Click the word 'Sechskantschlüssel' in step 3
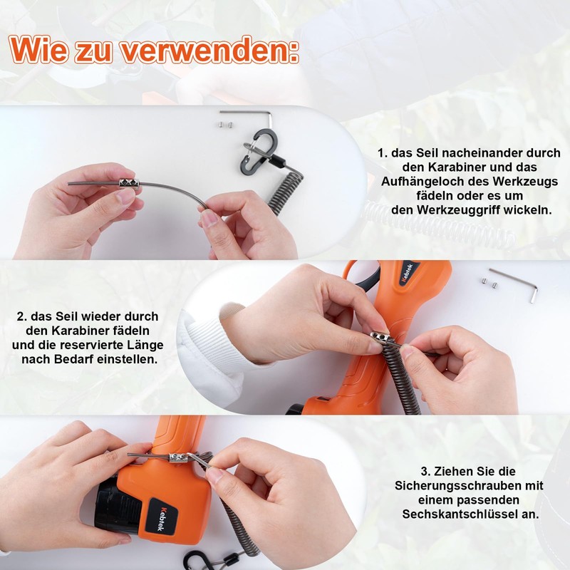point(462,514)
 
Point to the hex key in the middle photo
point(516,283)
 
